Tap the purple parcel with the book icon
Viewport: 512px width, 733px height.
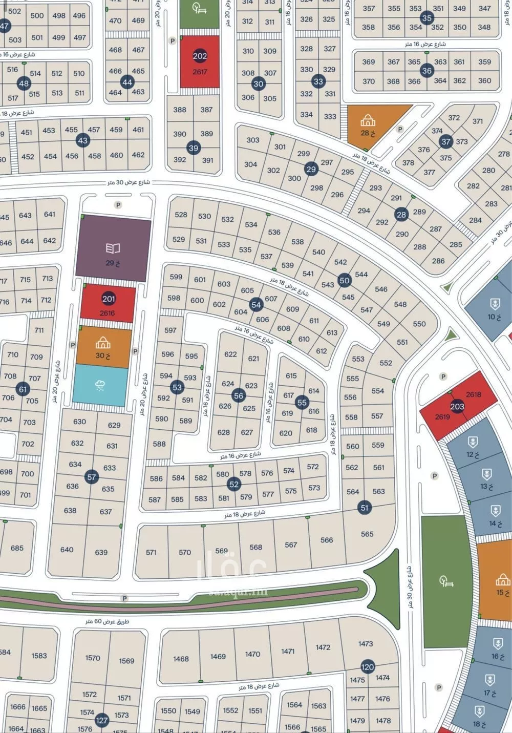(x=113, y=248)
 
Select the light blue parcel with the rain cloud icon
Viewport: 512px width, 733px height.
(x=100, y=386)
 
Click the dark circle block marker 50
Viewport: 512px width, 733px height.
(x=345, y=280)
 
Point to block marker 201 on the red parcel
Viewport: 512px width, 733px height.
(x=109, y=299)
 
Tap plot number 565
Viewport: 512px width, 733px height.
(x=367, y=534)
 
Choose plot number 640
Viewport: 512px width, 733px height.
(x=67, y=550)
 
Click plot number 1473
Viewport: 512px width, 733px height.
(x=366, y=643)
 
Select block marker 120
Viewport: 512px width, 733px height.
(x=368, y=667)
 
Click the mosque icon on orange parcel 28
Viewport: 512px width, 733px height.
(x=368, y=121)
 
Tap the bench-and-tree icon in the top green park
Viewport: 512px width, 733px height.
(x=199, y=8)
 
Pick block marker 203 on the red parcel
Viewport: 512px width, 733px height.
(x=457, y=406)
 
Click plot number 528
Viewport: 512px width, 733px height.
(x=181, y=215)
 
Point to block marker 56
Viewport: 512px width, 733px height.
(x=239, y=395)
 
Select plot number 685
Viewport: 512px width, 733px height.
(x=17, y=548)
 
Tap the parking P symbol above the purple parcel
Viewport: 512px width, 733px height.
(x=118, y=205)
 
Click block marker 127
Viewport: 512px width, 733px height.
(x=102, y=720)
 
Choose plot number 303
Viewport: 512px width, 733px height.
(x=253, y=140)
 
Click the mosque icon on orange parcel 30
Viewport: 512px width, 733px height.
(x=103, y=342)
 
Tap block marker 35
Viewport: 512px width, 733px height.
(x=427, y=18)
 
